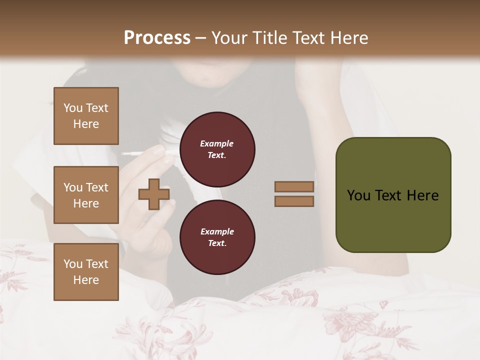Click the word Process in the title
pyautogui.click(x=157, y=38)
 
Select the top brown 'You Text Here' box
pyautogui.click(x=86, y=116)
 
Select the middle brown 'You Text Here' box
pyautogui.click(x=86, y=195)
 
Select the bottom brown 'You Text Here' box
pyautogui.click(x=86, y=272)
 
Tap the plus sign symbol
pyautogui.click(x=154, y=194)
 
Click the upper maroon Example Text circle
pyautogui.click(x=217, y=149)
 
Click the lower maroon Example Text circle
pyautogui.click(x=217, y=237)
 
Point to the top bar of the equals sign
pyautogui.click(x=294, y=186)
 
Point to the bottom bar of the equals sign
pyautogui.click(x=294, y=201)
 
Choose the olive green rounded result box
pyautogui.click(x=393, y=195)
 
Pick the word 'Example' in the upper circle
pyautogui.click(x=217, y=143)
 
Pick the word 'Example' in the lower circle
pyautogui.click(x=217, y=231)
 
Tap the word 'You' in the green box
pyautogui.click(x=358, y=195)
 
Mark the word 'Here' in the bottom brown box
pyautogui.click(x=86, y=280)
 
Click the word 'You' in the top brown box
pyautogui.click(x=73, y=108)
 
